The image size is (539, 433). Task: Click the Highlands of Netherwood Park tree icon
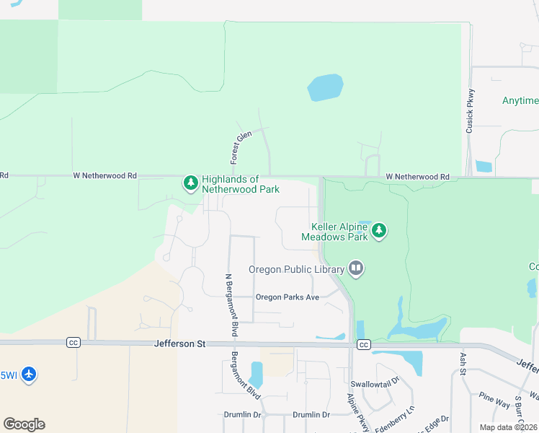190,183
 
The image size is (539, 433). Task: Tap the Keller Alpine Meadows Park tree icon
379,232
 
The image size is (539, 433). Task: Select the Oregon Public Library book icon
355,269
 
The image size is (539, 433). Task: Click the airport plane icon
28,375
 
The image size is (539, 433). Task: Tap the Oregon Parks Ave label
288,297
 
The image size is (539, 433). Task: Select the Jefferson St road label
180,344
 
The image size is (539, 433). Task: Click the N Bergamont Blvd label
231,305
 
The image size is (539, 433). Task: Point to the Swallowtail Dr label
374,384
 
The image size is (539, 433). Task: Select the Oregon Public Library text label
296,270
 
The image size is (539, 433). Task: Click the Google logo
24,424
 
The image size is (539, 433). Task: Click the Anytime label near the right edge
520,100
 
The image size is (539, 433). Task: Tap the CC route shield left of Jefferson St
73,342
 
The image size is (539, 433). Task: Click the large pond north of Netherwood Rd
325,88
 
